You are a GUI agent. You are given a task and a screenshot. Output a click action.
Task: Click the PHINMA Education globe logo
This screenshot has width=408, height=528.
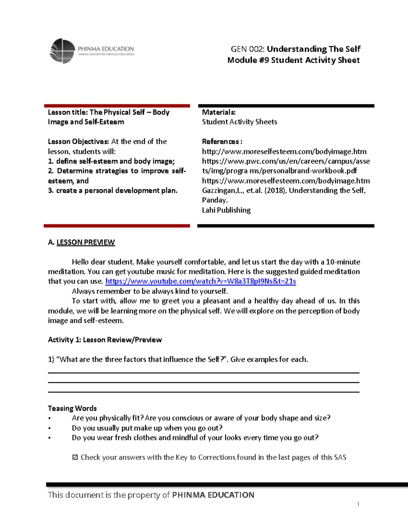click(x=63, y=51)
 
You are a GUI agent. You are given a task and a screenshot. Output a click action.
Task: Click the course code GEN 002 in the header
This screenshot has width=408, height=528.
click(x=248, y=49)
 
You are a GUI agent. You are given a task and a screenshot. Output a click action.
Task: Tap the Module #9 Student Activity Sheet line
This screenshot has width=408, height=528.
click(x=293, y=60)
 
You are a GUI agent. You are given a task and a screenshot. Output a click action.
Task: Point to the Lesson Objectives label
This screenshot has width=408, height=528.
click(x=78, y=141)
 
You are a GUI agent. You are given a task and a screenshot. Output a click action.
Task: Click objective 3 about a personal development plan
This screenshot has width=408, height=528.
click(x=113, y=190)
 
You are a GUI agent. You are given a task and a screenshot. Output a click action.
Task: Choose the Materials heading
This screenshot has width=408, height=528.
click(x=219, y=112)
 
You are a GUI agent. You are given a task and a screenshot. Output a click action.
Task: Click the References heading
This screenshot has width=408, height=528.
click(x=222, y=141)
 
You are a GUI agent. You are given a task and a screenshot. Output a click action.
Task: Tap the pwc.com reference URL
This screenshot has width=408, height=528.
click(x=286, y=166)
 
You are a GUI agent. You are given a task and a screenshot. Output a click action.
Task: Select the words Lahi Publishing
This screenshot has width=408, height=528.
click(x=226, y=210)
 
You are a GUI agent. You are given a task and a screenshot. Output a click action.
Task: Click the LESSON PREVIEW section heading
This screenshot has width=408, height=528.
click(x=85, y=242)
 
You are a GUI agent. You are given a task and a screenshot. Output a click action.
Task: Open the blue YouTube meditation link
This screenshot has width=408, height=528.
click(x=201, y=281)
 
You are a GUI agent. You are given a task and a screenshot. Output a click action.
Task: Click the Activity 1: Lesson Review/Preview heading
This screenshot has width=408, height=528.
click(x=105, y=340)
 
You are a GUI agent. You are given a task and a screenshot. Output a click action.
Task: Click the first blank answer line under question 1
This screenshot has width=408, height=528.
click(x=203, y=372)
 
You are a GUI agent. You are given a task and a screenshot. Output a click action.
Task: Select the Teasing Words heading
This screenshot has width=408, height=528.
click(x=72, y=408)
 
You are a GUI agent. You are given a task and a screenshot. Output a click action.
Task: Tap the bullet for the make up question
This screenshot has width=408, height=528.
click(x=50, y=428)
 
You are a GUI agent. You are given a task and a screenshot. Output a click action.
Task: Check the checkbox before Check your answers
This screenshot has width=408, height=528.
click(x=75, y=457)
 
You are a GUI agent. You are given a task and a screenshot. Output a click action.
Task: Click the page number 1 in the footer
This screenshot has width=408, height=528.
click(x=358, y=504)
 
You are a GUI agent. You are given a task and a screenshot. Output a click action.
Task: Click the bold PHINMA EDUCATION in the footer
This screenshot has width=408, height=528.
click(x=213, y=495)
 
